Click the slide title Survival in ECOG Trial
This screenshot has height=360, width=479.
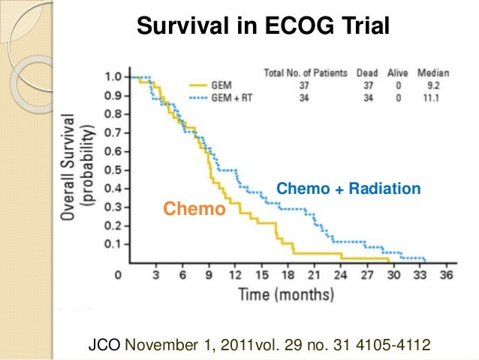pyautogui.click(x=262, y=28)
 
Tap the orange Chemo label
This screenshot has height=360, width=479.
pyautogui.click(x=194, y=208)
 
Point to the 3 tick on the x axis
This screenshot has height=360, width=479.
pyautogui.click(x=155, y=275)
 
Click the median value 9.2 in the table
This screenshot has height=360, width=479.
pyautogui.click(x=435, y=86)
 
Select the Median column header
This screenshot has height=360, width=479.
pyautogui.click(x=433, y=73)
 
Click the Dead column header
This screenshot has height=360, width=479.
pyautogui.click(x=367, y=73)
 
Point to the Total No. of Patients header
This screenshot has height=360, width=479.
pyautogui.click(x=306, y=73)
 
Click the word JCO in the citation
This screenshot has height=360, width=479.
pyautogui.click(x=104, y=346)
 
